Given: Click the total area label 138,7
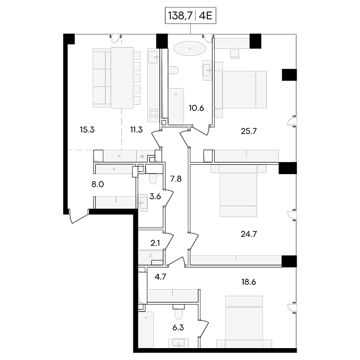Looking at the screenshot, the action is click(180, 16).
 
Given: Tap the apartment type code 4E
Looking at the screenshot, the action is click(206, 16).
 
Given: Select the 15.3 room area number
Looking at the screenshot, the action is click(87, 130).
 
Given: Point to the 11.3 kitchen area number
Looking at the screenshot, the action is click(136, 130).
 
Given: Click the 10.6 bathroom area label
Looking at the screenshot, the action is click(196, 108).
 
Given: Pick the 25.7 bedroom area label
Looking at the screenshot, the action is click(249, 132).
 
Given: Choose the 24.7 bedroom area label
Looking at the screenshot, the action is click(249, 234).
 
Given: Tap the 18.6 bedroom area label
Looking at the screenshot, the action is click(249, 282).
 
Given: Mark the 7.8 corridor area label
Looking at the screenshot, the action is click(176, 179).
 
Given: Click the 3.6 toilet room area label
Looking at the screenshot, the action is click(155, 197).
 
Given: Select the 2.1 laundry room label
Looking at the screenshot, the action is click(155, 243).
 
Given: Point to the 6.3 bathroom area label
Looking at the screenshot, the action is click(178, 328).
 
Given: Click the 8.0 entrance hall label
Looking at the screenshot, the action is click(98, 184).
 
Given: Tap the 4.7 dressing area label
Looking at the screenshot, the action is click(160, 277).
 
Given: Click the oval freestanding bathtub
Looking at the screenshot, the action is click(190, 48).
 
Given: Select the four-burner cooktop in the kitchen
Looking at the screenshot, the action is click(154, 113).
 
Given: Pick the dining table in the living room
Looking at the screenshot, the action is click(122, 78).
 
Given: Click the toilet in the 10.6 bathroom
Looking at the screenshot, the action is click(174, 70).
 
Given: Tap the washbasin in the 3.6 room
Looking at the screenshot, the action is click(143, 203).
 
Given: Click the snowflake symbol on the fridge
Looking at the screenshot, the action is click(142, 157).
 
